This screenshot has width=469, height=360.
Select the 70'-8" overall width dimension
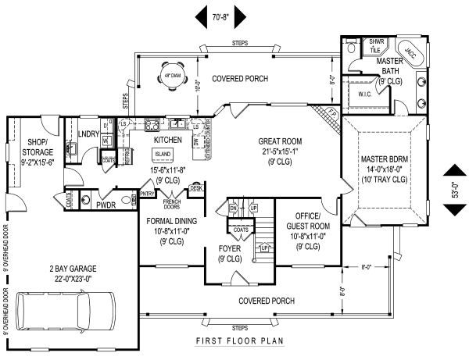222,14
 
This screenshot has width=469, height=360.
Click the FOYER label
229,250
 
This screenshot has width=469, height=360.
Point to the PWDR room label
106,207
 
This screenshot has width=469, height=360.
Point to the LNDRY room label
88,134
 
